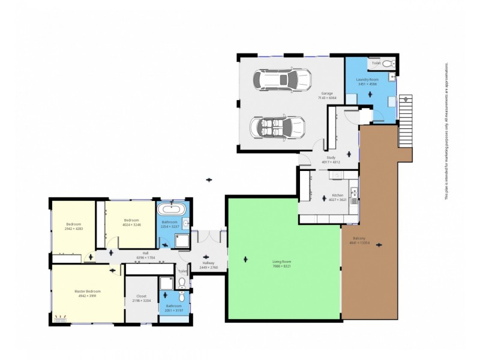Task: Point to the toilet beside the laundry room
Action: (388, 62)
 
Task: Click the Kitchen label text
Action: (337, 195)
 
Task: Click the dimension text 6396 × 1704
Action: (145, 257)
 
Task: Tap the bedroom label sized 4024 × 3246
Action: (131, 222)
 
